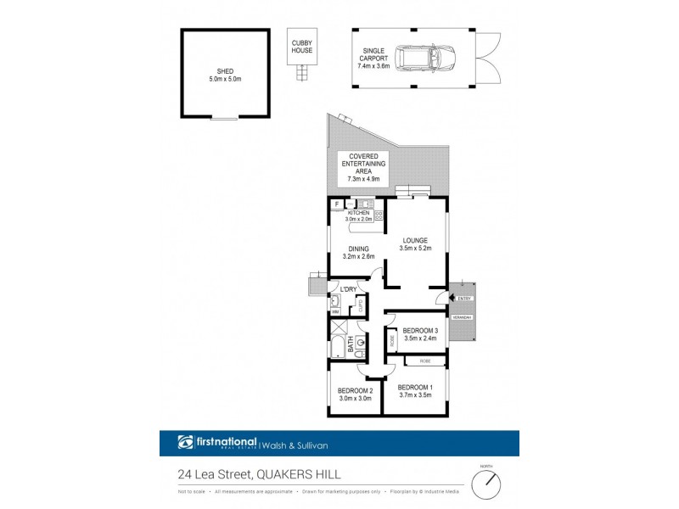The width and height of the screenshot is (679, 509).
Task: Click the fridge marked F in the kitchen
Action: tap(337, 204)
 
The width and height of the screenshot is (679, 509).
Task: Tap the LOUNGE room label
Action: tap(416, 241)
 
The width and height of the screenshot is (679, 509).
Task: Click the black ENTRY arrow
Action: tap(450, 298)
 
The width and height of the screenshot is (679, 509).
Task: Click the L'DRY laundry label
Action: tap(348, 290)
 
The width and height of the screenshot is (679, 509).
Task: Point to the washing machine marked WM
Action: tap(334, 311)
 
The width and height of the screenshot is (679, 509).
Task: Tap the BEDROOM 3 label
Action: tap(420, 330)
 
